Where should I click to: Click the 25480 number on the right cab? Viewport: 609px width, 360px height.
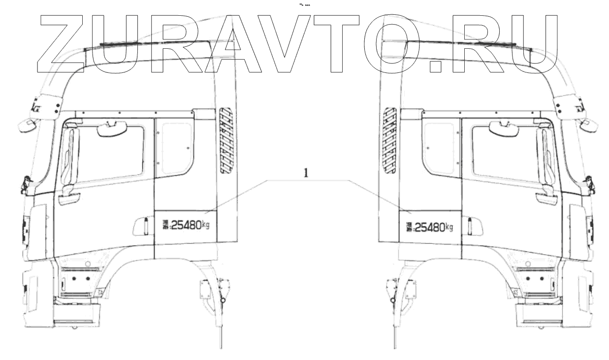(x=429, y=227)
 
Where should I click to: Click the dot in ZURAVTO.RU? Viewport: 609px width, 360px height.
(x=435, y=66)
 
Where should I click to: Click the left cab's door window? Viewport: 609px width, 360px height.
(x=106, y=153)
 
